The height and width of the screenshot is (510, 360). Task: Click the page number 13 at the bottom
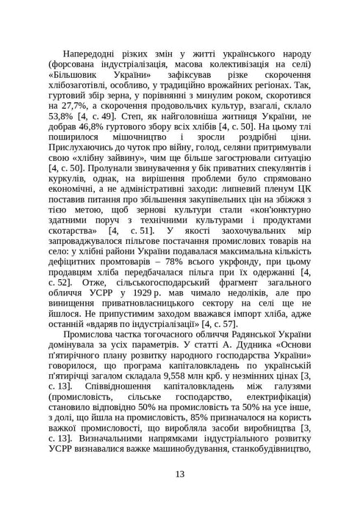click(180, 473)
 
